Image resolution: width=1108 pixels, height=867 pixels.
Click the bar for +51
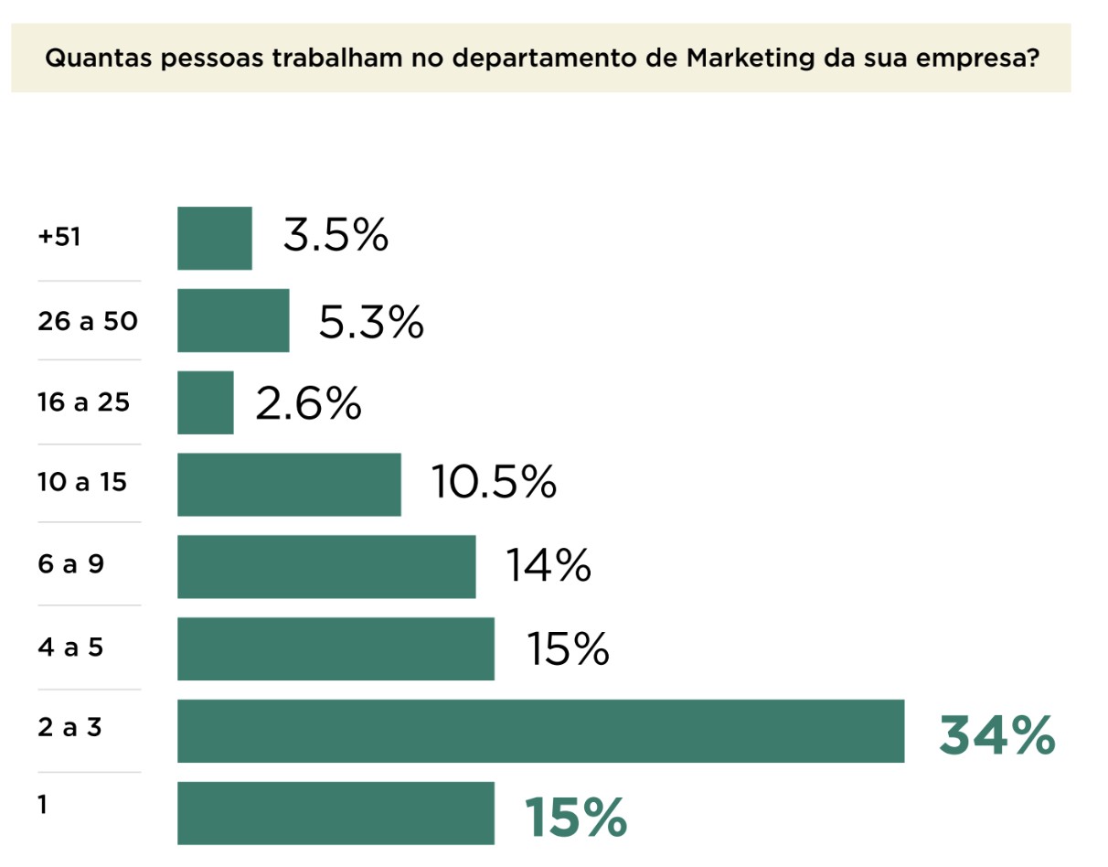point(214,239)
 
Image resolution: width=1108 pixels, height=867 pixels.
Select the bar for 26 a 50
point(233,321)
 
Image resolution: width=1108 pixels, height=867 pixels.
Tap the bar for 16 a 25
point(205,402)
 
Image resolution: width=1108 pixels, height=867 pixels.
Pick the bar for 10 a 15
point(289,485)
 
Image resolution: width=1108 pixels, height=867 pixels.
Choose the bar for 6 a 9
point(326,567)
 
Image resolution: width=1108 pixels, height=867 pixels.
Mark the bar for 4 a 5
point(336,649)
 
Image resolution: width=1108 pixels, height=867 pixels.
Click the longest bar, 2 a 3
point(540,731)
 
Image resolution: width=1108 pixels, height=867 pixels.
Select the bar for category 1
point(336,813)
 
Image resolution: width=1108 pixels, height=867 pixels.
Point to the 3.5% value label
point(336,237)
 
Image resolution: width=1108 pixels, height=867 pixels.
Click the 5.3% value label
point(371,321)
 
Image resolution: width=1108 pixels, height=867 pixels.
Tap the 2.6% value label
point(308,403)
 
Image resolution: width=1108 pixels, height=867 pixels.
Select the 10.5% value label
point(494,482)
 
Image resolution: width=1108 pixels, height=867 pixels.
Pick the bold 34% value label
point(996,736)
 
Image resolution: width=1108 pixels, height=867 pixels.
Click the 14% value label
point(549,565)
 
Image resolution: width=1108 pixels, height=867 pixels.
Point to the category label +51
point(59,238)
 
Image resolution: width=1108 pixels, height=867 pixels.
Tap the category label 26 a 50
point(88,321)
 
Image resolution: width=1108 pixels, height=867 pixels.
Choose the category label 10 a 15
point(82,482)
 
